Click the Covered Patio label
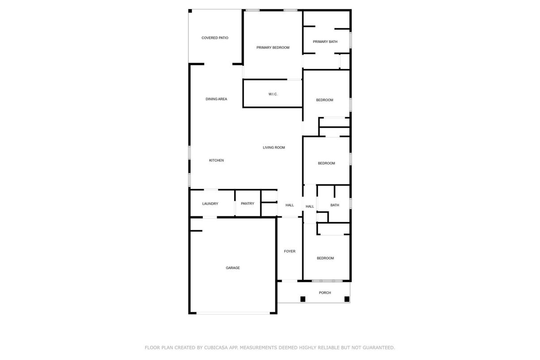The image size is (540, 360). [x=215, y=38]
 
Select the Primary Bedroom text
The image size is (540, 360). [x=273, y=47]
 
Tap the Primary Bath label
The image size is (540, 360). [x=325, y=42]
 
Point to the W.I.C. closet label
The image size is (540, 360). [x=273, y=94]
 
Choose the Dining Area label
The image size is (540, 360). [x=216, y=99]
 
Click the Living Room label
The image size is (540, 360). [x=274, y=147]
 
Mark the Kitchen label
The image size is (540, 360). [x=216, y=160]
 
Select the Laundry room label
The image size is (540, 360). [x=210, y=204]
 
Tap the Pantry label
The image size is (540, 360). [x=248, y=204]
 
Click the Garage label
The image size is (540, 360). [x=232, y=268]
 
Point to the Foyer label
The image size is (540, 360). [x=290, y=251]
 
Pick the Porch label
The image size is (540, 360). [x=325, y=293]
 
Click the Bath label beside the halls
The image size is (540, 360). [x=334, y=205]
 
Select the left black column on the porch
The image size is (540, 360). [x=303, y=299]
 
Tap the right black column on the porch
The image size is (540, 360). [x=347, y=299]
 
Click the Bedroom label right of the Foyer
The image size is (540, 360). [x=325, y=258]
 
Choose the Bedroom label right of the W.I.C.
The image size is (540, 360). [x=325, y=100]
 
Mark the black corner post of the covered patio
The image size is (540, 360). [x=190, y=11]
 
